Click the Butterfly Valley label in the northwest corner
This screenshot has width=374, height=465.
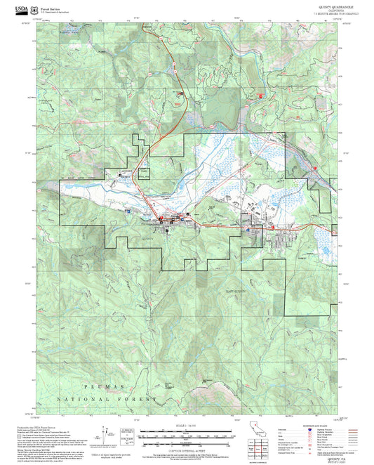click(x=72, y=33)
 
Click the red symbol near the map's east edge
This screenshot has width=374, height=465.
click(x=315, y=168)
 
